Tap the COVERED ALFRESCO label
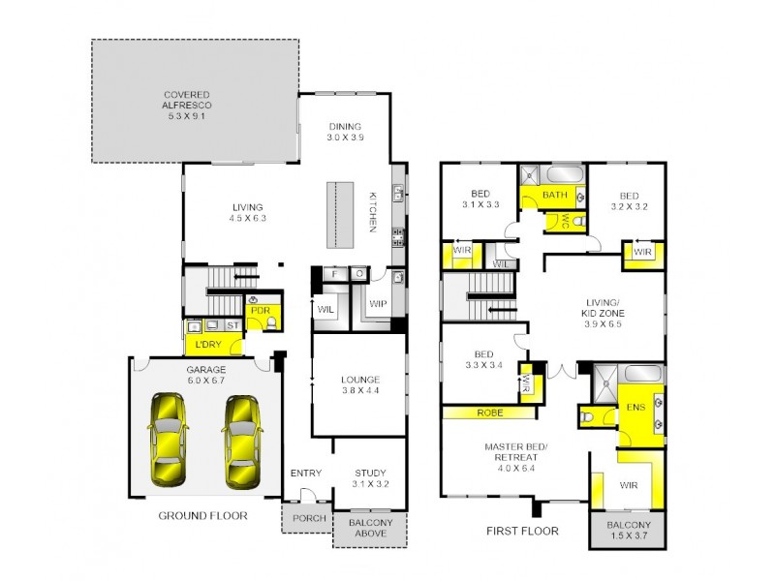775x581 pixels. point(187,105)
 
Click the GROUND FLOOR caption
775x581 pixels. point(202,516)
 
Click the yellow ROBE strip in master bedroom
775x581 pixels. point(489,413)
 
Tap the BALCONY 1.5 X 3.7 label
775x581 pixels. point(629,531)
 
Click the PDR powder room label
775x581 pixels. point(259,310)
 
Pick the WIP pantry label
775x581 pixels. point(377,303)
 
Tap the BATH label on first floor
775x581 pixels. point(554,195)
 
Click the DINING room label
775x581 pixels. point(344,132)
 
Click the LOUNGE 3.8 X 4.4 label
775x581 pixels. point(359,384)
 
